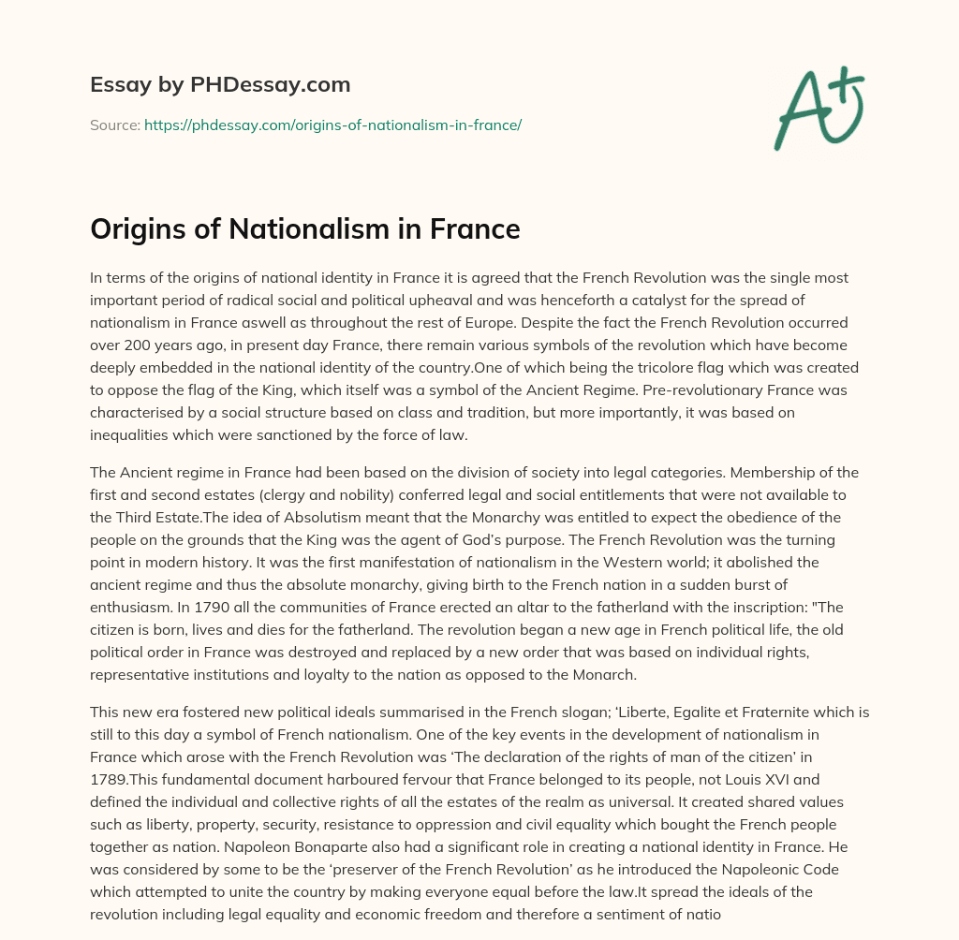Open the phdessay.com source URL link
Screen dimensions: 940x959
pos(332,125)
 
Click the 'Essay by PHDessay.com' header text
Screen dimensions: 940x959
pos(220,85)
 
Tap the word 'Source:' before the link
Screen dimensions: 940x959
pos(115,125)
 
